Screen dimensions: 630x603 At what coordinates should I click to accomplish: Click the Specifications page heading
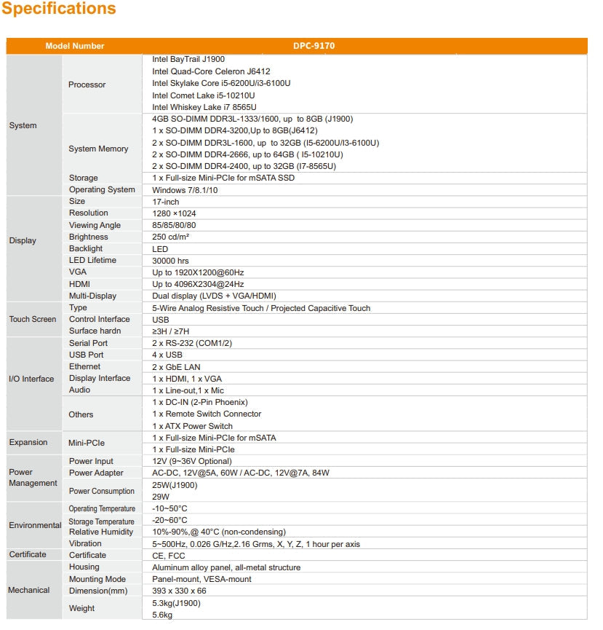(x=59, y=9)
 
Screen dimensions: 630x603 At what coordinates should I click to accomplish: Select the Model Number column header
(x=75, y=46)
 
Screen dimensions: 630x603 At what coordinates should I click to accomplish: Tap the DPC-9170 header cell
(x=314, y=46)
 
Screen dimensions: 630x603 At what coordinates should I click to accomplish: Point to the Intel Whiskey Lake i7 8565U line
(x=204, y=107)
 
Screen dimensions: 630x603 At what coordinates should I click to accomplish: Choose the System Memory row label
(x=98, y=149)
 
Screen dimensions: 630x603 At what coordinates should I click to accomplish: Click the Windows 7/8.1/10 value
(x=185, y=190)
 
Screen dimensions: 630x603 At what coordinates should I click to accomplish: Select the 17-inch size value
(x=166, y=202)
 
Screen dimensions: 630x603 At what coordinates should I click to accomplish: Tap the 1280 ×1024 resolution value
(x=174, y=213)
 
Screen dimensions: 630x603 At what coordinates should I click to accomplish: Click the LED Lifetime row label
(x=92, y=260)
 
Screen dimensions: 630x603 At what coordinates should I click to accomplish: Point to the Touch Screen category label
(x=33, y=319)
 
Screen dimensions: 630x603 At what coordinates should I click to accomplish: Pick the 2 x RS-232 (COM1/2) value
(x=192, y=343)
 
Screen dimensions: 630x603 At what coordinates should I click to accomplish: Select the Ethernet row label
(x=85, y=366)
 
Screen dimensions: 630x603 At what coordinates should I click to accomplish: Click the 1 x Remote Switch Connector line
(x=207, y=414)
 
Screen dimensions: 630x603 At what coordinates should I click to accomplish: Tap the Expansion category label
(x=28, y=442)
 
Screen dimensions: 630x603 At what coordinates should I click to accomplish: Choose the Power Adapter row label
(x=96, y=473)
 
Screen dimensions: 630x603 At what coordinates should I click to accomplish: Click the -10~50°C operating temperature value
(x=169, y=508)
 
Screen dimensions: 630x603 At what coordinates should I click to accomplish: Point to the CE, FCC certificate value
(x=169, y=556)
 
